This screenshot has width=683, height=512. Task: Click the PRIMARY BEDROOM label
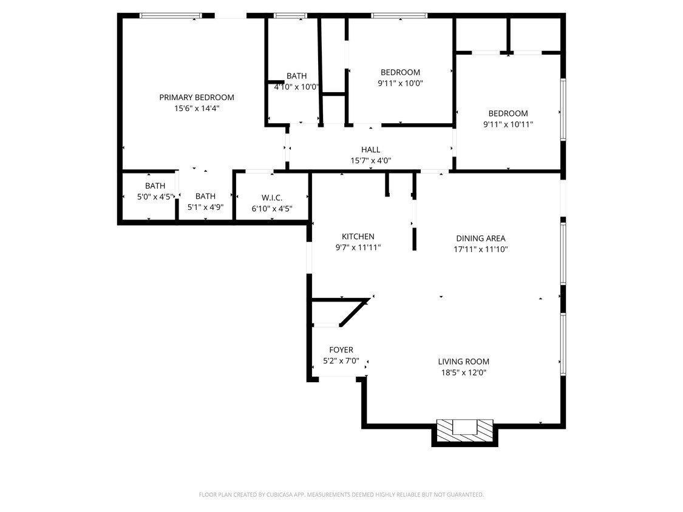pos(196,97)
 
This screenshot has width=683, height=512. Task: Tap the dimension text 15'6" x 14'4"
pos(196,109)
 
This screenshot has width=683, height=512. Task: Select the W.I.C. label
pos(272,198)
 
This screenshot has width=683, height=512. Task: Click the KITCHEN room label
pos(358,237)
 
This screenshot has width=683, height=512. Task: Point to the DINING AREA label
pos(480,238)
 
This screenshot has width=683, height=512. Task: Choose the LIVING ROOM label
pos(463,362)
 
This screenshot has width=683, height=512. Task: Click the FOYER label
pos(341,350)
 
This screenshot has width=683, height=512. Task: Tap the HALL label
pos(370,150)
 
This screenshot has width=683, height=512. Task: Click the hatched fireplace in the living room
pos(464,431)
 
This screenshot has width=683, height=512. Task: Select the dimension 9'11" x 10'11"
pos(508,124)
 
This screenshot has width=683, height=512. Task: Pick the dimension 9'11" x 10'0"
pos(400,83)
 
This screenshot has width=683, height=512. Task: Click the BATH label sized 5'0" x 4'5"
pos(155,186)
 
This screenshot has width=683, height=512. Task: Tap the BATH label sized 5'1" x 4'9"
pos(205,196)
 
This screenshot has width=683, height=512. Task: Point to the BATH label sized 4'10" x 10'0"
pos(296,76)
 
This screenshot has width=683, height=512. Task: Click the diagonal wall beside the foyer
pos(355,312)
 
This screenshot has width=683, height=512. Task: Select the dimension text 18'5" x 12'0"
pos(463,372)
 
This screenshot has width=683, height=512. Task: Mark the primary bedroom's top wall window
pos(171,16)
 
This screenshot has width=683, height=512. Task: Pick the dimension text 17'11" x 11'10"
pos(480,249)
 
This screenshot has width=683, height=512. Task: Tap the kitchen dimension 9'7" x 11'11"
pos(358,248)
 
